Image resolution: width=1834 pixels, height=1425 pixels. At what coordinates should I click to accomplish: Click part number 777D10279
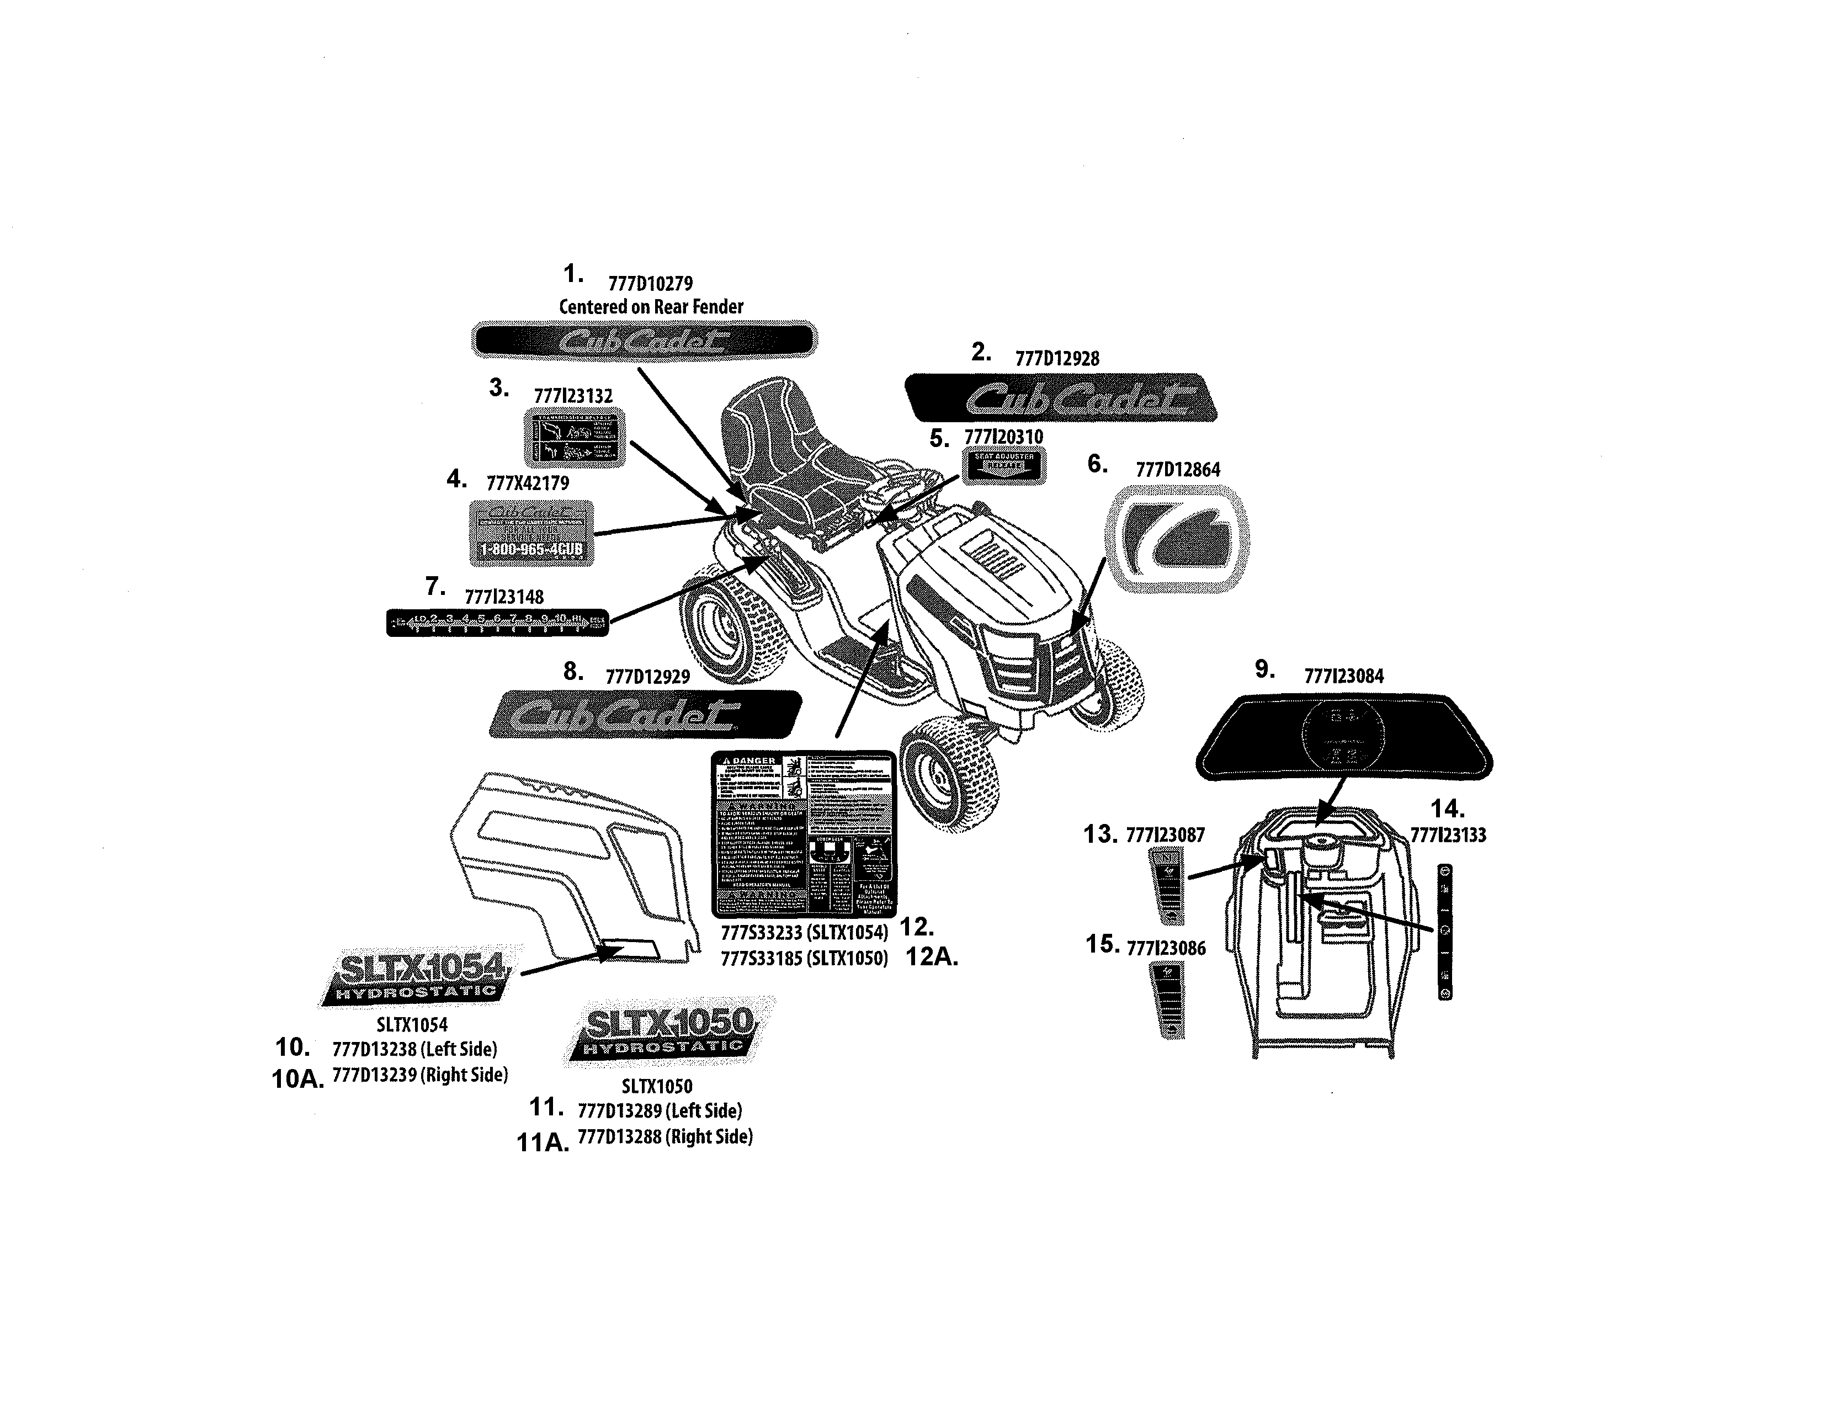[650, 284]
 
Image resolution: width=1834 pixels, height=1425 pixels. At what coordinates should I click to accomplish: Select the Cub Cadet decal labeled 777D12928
[1061, 398]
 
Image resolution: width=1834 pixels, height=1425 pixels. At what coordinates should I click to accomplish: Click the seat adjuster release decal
[1003, 465]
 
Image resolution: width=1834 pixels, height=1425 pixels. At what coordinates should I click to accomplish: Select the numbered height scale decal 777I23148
[497, 622]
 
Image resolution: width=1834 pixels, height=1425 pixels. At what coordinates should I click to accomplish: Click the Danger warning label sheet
[803, 834]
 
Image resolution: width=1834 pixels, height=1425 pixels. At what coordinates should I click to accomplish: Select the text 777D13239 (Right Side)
[421, 1075]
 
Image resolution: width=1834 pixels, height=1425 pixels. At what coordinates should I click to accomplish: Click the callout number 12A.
[932, 958]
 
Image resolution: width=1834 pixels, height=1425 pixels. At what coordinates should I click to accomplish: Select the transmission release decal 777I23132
[575, 438]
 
